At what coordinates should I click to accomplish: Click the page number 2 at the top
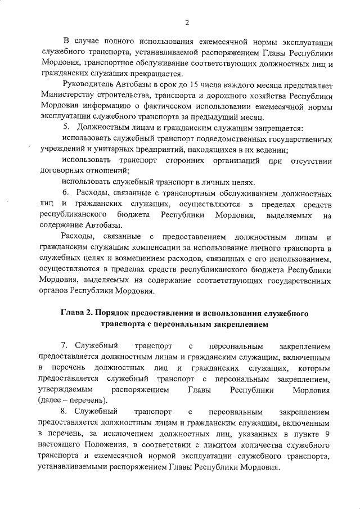click(x=187, y=22)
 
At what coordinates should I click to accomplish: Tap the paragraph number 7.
click(x=65, y=346)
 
